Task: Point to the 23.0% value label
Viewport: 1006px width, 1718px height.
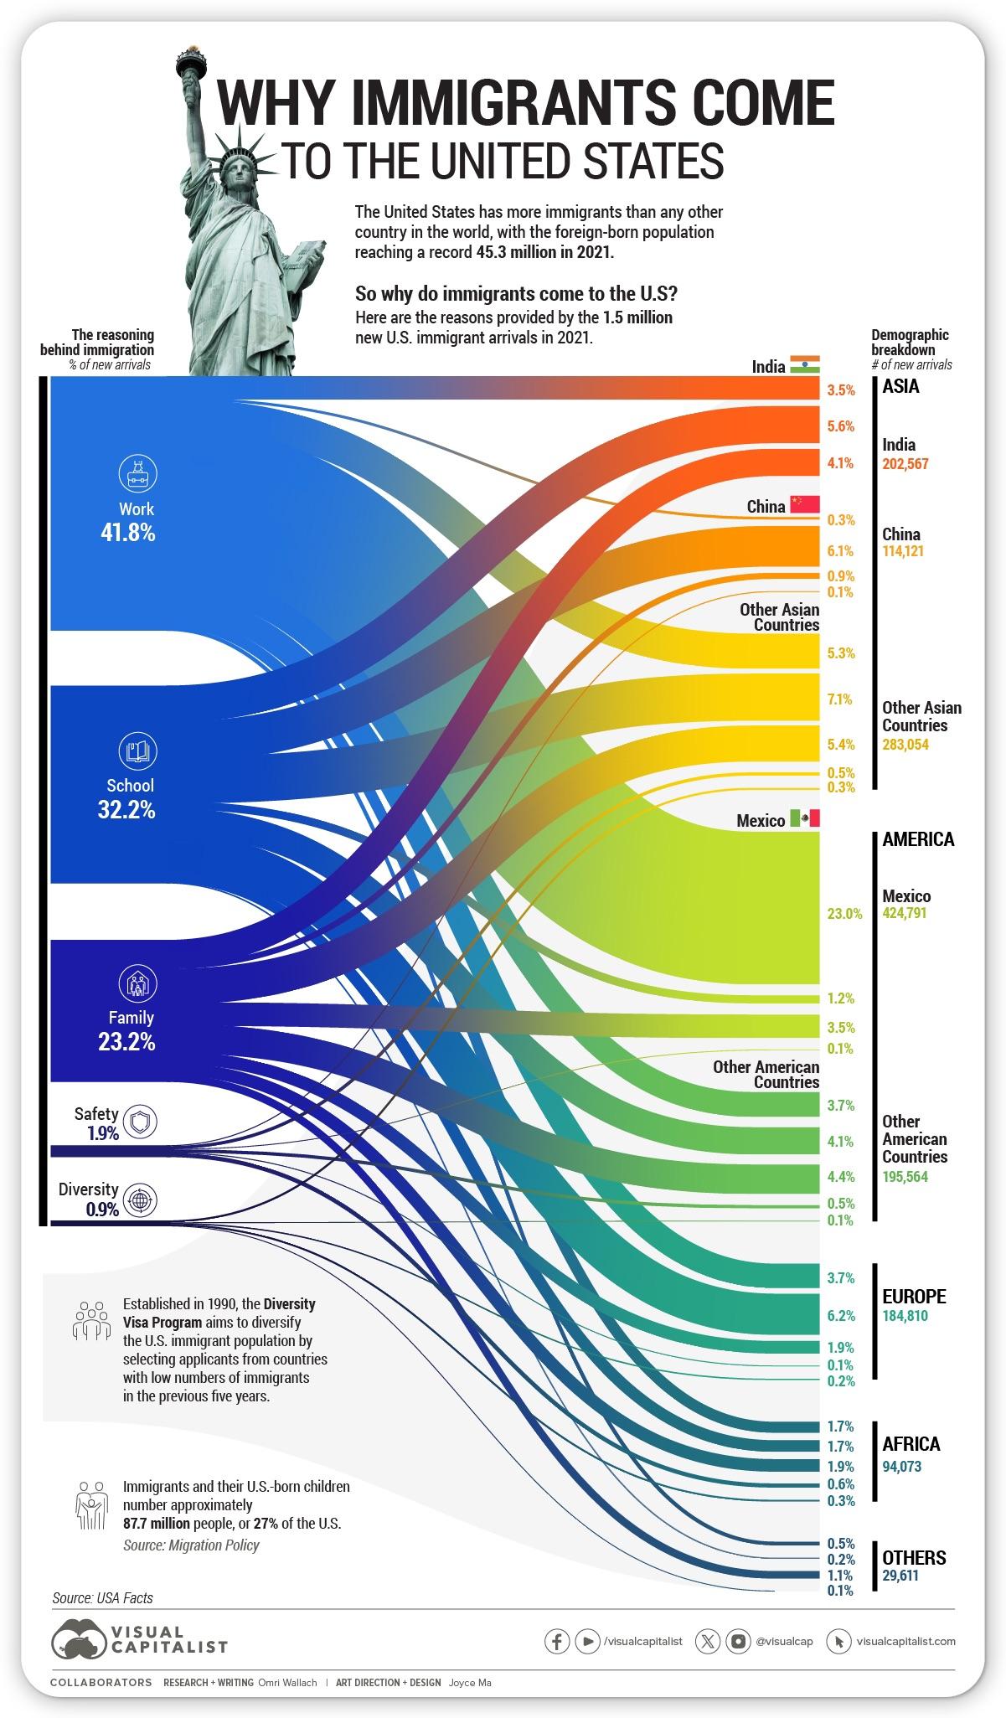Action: (x=844, y=914)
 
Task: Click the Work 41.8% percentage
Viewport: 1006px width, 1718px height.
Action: (x=127, y=533)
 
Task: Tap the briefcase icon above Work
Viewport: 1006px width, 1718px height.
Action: (x=137, y=475)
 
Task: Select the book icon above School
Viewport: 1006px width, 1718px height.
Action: (x=137, y=751)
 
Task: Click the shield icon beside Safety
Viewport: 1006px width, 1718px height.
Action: (x=140, y=1121)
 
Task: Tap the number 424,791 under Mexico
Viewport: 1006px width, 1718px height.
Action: (x=905, y=913)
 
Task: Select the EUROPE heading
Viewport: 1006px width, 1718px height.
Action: (x=914, y=1296)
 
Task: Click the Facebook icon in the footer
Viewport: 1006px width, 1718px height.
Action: (x=556, y=1641)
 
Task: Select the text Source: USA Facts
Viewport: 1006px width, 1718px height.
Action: (x=102, y=1597)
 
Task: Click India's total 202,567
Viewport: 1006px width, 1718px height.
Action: (x=905, y=463)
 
